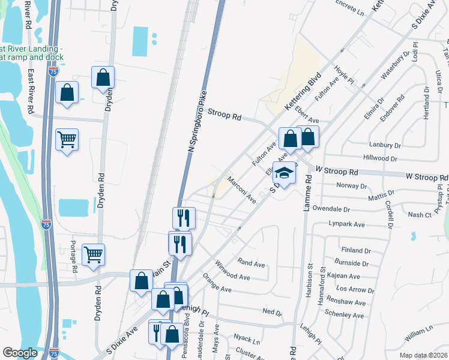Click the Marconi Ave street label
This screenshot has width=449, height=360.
click(x=241, y=190)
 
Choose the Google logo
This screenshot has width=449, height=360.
click(x=20, y=353)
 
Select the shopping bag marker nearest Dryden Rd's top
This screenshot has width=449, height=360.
click(x=103, y=78)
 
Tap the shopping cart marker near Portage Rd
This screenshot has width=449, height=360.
click(x=93, y=256)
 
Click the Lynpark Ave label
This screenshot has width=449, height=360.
click(x=346, y=224)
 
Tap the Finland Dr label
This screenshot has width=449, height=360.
click(x=355, y=250)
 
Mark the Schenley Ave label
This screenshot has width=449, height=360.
click(x=344, y=315)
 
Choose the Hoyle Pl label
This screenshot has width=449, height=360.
click(x=345, y=76)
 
